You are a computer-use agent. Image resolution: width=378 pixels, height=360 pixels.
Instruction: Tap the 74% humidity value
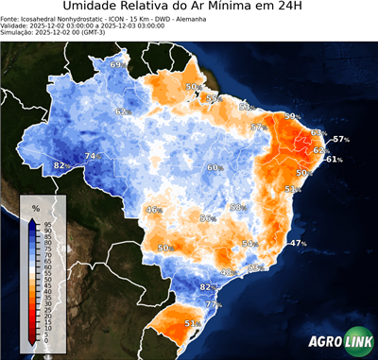[x=92, y=156]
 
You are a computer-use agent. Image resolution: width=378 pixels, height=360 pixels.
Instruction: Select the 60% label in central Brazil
[x=215, y=167]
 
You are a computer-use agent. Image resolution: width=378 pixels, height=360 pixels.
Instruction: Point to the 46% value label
[x=154, y=209]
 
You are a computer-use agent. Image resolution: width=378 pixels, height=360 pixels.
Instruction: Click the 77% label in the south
[x=213, y=304]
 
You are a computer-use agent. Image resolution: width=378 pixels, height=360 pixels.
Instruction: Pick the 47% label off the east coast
[x=299, y=243]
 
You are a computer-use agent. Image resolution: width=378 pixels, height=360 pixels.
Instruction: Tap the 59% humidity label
[x=292, y=116]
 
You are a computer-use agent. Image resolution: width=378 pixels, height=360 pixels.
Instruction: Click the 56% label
[x=207, y=218]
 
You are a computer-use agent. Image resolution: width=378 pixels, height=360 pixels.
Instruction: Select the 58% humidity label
[x=238, y=207]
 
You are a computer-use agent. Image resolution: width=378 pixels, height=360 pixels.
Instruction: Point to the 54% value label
[x=249, y=244]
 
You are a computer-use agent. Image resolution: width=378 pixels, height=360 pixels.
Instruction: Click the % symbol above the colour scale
[x=35, y=207]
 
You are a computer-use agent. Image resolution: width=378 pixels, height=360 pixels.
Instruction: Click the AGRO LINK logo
[x=339, y=343]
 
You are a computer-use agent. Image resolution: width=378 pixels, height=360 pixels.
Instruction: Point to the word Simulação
[x=19, y=33]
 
